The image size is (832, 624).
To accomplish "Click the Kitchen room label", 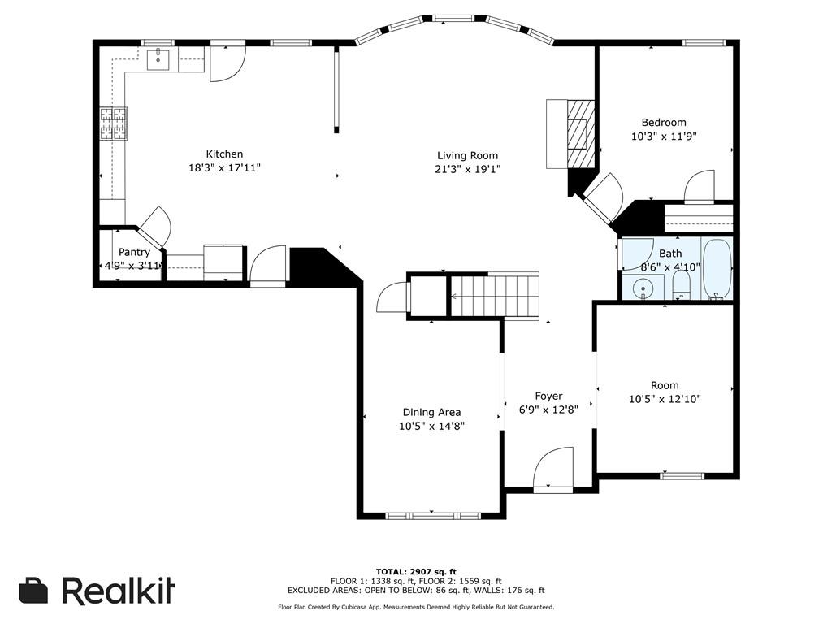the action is (x=224, y=154).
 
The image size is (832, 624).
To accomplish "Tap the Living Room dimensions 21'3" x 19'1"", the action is (x=467, y=169).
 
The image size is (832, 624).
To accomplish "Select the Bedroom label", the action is (x=664, y=122).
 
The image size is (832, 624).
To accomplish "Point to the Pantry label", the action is (x=134, y=252).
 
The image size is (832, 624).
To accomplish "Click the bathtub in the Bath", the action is (x=717, y=269).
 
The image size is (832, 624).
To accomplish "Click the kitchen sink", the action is (x=158, y=59).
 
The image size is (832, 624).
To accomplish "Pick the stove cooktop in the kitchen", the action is (x=114, y=123).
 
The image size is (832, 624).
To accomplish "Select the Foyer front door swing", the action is (x=554, y=467).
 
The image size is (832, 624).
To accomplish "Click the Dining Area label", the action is (x=432, y=412).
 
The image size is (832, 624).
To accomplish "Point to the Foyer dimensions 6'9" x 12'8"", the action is (x=548, y=409).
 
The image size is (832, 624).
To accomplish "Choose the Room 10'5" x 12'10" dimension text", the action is (x=665, y=399).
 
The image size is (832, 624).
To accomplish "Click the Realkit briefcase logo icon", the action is (x=33, y=590).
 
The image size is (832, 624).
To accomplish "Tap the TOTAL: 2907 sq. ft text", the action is (x=416, y=571).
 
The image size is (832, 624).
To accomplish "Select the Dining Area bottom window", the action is (x=433, y=515).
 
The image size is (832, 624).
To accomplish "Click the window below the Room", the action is (x=682, y=476).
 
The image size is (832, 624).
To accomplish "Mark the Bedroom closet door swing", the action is (x=700, y=187).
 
